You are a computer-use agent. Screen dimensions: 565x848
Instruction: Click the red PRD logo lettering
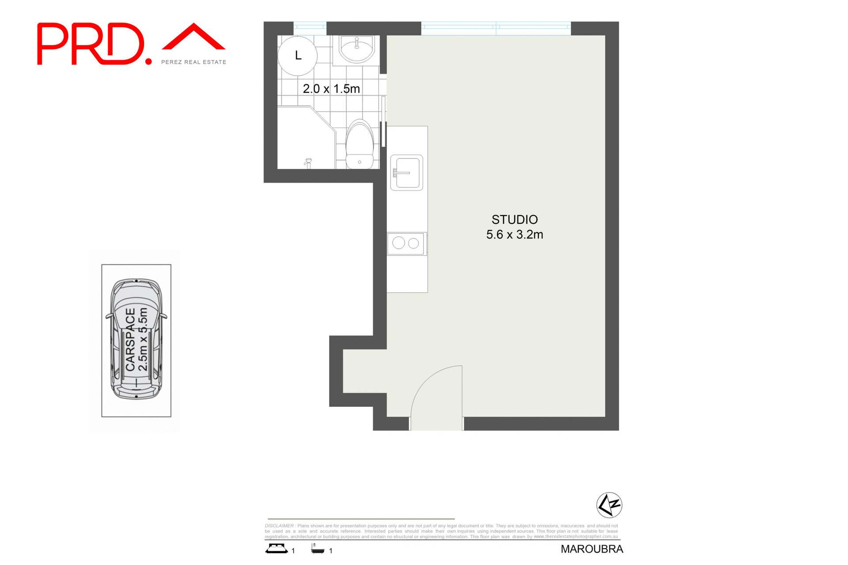(x=91, y=44)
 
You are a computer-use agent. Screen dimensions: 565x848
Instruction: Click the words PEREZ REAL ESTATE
(x=193, y=62)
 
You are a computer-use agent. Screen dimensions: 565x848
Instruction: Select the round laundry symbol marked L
(x=298, y=56)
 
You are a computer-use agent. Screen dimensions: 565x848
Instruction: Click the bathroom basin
(x=356, y=48)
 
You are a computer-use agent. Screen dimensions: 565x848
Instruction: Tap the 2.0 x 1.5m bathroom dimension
(x=331, y=89)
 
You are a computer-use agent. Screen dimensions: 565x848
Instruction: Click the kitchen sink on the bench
(x=406, y=173)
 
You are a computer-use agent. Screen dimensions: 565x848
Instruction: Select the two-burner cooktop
(x=406, y=243)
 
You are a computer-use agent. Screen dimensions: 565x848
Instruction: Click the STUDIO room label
(x=515, y=220)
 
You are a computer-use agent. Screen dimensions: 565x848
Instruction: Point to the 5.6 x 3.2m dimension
(x=515, y=235)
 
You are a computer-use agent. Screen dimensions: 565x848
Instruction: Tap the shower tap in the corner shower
(x=308, y=163)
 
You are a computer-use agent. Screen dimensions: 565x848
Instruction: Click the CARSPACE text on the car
(x=130, y=339)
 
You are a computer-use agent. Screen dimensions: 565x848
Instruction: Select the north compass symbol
(x=609, y=504)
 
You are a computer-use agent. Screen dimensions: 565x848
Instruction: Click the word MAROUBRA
(x=592, y=549)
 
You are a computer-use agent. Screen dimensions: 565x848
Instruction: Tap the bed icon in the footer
(x=276, y=549)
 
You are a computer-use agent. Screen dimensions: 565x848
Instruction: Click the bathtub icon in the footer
(x=318, y=549)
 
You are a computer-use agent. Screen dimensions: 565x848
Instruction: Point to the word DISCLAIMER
(x=280, y=526)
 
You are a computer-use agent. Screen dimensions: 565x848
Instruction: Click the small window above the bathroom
(x=310, y=27)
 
